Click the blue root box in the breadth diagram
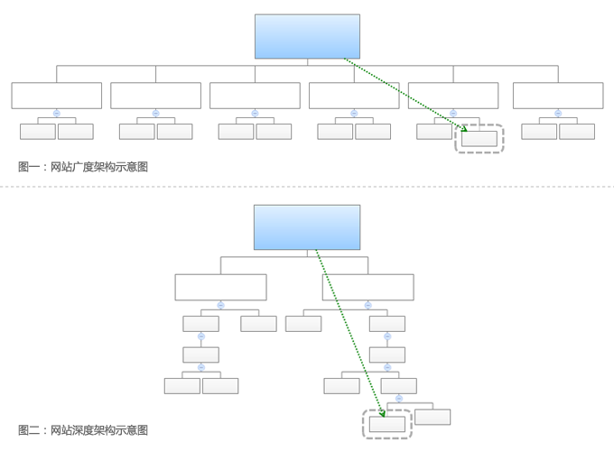tap(307, 36)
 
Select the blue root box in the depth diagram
tap(307, 227)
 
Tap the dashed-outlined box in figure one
tap(479, 139)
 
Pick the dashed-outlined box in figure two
tap(387, 424)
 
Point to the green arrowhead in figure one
tap(464, 129)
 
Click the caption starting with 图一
tap(83, 167)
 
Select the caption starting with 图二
tap(83, 430)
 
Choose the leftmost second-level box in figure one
tap(57, 96)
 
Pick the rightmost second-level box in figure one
tap(558, 96)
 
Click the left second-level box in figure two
tap(220, 287)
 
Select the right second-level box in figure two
tap(367, 287)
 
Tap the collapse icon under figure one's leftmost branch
tap(57, 114)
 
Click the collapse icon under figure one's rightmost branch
tap(558, 114)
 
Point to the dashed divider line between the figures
tap(307, 187)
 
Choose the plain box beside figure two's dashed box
tap(433, 417)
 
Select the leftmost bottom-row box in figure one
tap(38, 132)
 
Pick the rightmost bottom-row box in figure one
tap(577, 132)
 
